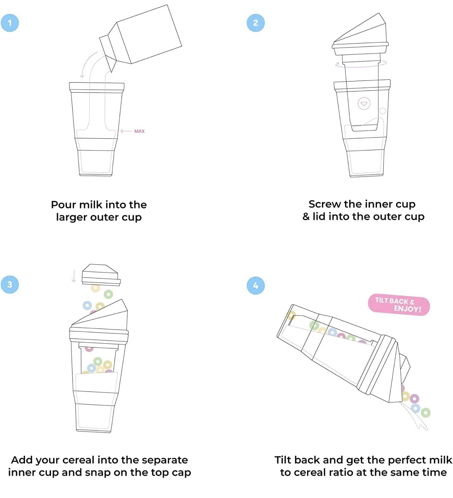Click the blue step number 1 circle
coord(10,23)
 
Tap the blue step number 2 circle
coord(256,23)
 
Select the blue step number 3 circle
coord(10,285)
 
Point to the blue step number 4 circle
coord(256,286)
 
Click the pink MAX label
coord(139,131)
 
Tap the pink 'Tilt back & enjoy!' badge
coord(399,305)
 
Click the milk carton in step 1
coord(141,37)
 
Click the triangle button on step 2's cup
coord(364,104)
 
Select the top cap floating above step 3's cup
coord(101,275)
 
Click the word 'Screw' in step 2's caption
coord(325,204)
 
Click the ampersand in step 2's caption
coord(306,217)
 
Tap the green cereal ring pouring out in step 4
coord(425,413)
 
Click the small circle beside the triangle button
coord(383,111)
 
